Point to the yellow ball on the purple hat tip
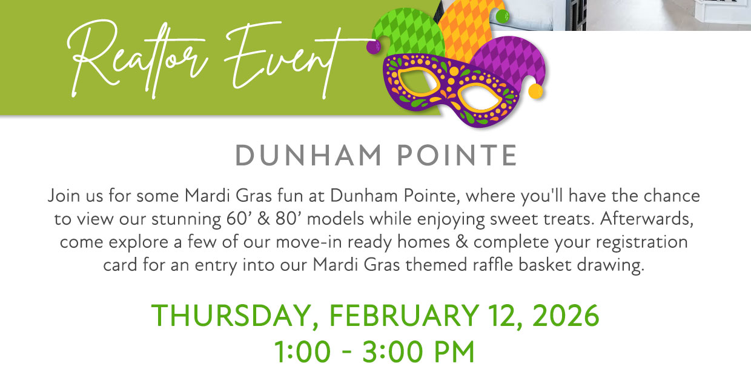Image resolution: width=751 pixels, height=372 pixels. (x=535, y=91)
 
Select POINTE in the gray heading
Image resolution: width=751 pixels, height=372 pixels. (x=457, y=156)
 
